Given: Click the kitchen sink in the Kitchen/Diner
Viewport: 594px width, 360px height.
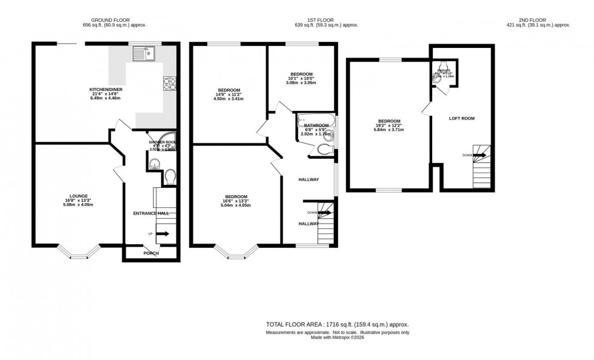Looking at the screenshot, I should point(145,53).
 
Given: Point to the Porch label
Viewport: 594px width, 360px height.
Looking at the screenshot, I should point(150,253).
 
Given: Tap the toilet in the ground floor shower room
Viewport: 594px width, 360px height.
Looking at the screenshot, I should point(170,176).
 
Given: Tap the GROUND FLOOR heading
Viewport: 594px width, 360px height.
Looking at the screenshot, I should point(115,21).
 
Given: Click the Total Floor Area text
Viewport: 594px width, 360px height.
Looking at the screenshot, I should point(338,325).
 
